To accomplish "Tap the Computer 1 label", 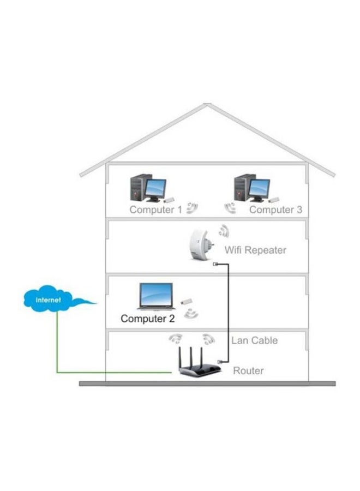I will (x=155, y=209).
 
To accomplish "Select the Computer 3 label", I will (x=275, y=209).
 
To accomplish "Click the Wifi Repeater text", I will (x=255, y=250).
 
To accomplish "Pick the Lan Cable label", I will (x=254, y=340).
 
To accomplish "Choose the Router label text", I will (x=248, y=371).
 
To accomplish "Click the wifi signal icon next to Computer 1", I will (x=191, y=207).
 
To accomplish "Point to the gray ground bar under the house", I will (x=207, y=384).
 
